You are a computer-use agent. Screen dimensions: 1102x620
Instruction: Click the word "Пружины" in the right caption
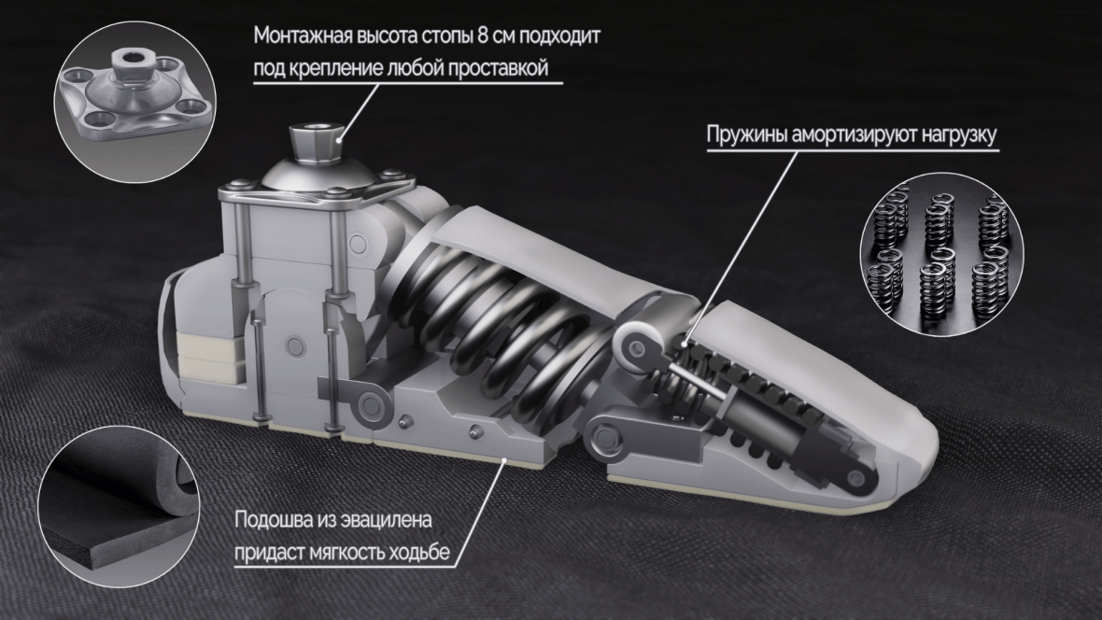pyautogui.click(x=746, y=134)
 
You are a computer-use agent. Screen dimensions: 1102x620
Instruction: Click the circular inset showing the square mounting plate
pyautogui.click(x=134, y=102)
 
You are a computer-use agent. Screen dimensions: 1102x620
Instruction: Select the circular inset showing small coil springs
pyautogui.click(x=941, y=254)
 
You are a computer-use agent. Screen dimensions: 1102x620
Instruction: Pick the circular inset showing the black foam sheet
pyautogui.click(x=119, y=506)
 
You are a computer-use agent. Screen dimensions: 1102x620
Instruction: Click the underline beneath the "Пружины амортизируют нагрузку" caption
pyautogui.click(x=852, y=149)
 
